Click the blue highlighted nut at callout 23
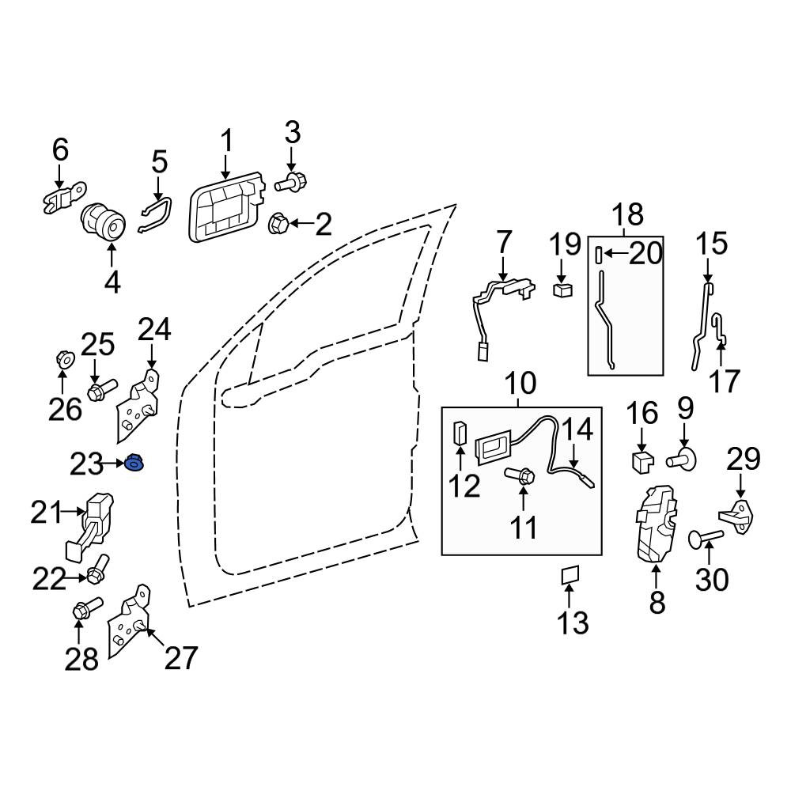134,463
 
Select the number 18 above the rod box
627,214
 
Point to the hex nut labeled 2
279,224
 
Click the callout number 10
520,384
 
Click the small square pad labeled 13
570,574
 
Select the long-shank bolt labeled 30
706,538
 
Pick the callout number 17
724,381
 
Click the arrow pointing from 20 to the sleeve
615,252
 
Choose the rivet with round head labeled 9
681,459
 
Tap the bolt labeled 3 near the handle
291,182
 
